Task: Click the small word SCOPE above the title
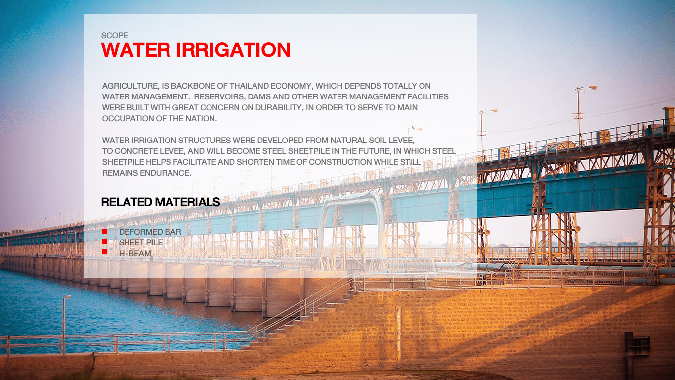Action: [115, 35]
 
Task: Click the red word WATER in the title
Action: [136, 50]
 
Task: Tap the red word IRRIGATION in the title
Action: [233, 50]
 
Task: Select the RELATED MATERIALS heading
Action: [160, 202]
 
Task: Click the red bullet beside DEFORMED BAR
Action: [105, 231]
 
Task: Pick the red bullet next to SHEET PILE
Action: [105, 241]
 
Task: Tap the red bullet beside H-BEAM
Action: [105, 251]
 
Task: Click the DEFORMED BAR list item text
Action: [150, 232]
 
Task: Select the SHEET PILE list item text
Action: [141, 242]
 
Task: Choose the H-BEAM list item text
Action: [135, 253]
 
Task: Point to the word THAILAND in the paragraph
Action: [249, 86]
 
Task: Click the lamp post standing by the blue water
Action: [65, 325]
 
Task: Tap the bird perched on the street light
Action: [414, 127]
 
